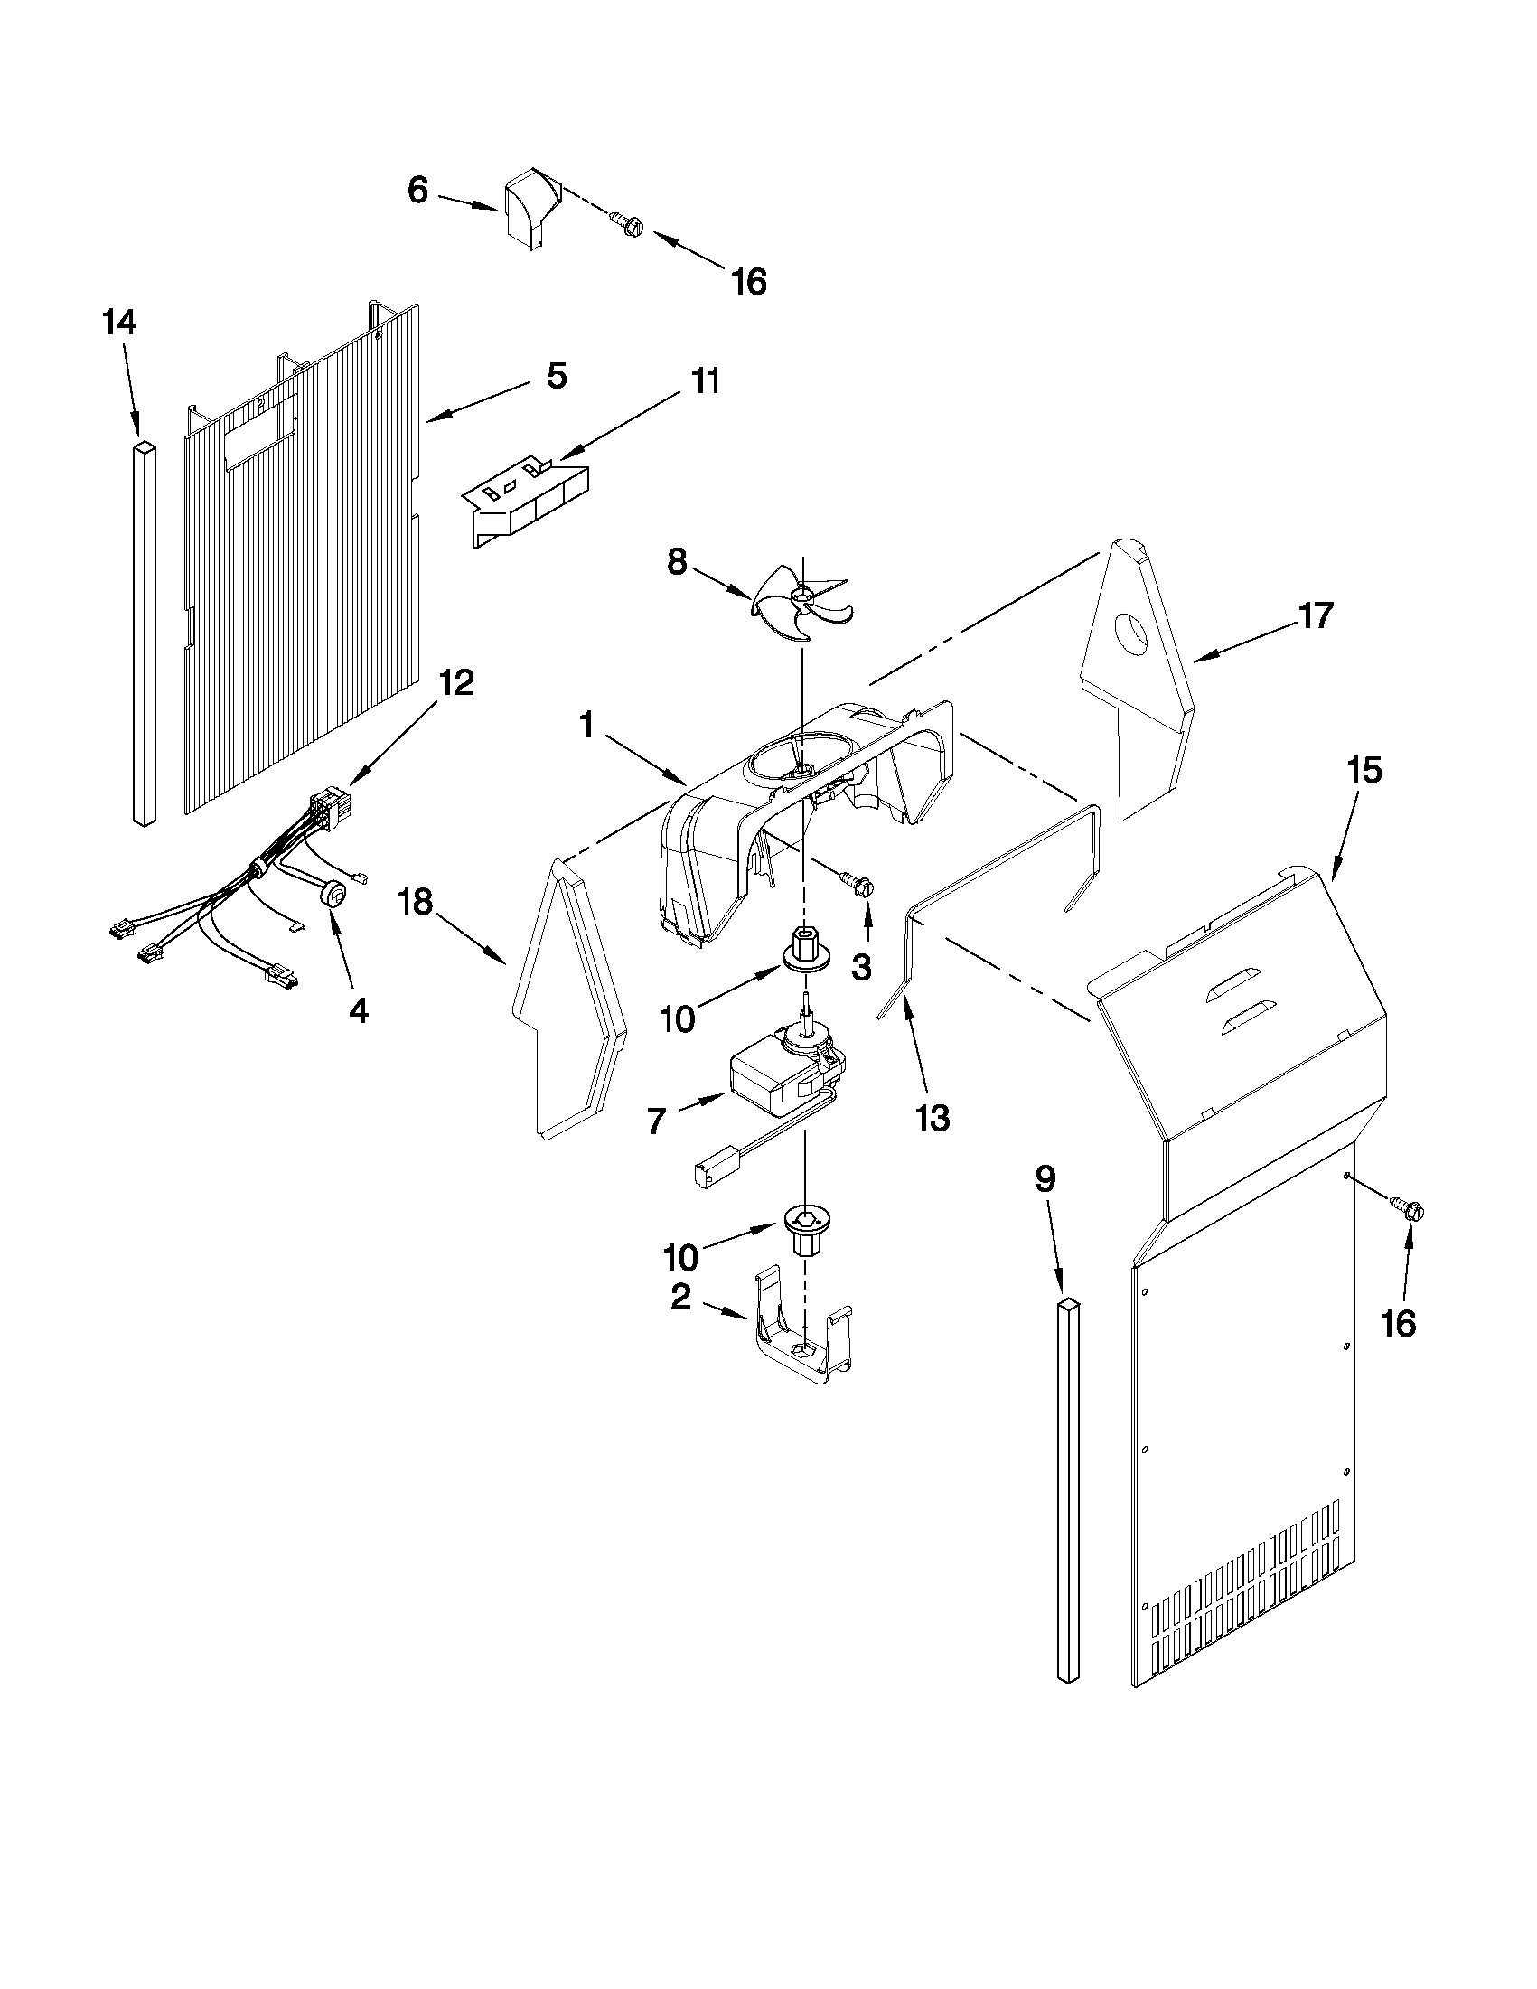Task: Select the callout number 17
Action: [1316, 615]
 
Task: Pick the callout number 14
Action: [119, 323]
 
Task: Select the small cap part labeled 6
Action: [530, 207]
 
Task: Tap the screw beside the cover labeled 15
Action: [1410, 1210]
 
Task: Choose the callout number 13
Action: [933, 1118]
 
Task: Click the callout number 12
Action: [457, 682]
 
